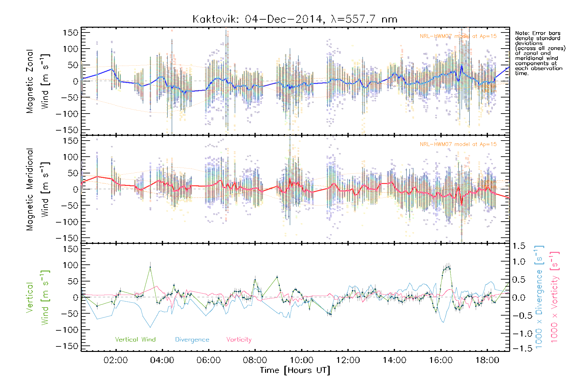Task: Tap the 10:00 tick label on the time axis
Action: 301,360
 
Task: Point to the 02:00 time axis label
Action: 115,360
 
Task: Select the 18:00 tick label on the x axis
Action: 487,360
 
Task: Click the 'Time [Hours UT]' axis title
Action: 295,370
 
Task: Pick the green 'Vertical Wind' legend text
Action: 135,339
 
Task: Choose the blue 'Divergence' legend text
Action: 192,339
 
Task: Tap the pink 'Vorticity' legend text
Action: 239,339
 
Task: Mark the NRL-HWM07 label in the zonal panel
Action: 458,36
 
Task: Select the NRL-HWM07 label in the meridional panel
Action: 458,144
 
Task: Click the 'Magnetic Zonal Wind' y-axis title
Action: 38,81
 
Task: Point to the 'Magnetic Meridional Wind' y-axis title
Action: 38,189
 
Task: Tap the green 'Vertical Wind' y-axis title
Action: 38,298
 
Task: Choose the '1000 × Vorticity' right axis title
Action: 555,298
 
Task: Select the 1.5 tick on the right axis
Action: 519,246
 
